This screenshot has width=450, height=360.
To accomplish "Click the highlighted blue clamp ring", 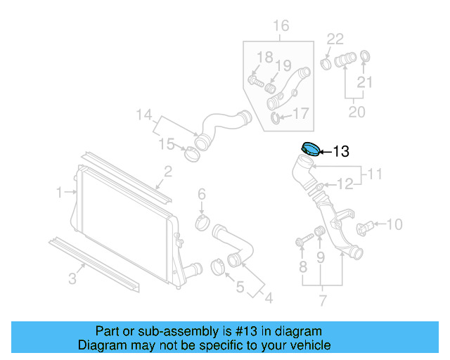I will click(309, 148).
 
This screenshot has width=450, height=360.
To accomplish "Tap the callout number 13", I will click(340, 150).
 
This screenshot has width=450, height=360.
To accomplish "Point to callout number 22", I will click(335, 39).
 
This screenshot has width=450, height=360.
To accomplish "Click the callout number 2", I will click(168, 171).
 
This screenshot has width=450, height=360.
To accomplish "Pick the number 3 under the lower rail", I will click(72, 278).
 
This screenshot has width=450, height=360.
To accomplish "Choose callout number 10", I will click(394, 224).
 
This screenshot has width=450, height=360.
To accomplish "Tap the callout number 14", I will click(143, 114).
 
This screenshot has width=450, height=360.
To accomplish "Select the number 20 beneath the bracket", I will click(356, 112).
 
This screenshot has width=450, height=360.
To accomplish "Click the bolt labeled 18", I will click(256, 82).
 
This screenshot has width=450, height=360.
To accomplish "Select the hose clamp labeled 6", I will click(202, 224).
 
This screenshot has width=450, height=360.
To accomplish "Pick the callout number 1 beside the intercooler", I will click(60, 191).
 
